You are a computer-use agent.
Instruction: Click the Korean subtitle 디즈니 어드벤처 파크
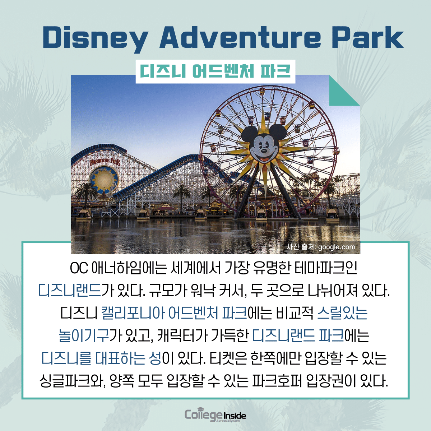pos(215,71)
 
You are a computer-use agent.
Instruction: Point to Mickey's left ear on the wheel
pos(249,133)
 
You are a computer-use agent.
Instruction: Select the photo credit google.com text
pos(321,247)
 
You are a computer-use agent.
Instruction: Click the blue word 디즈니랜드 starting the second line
pos(70,291)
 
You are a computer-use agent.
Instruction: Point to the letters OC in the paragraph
pos(79,268)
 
